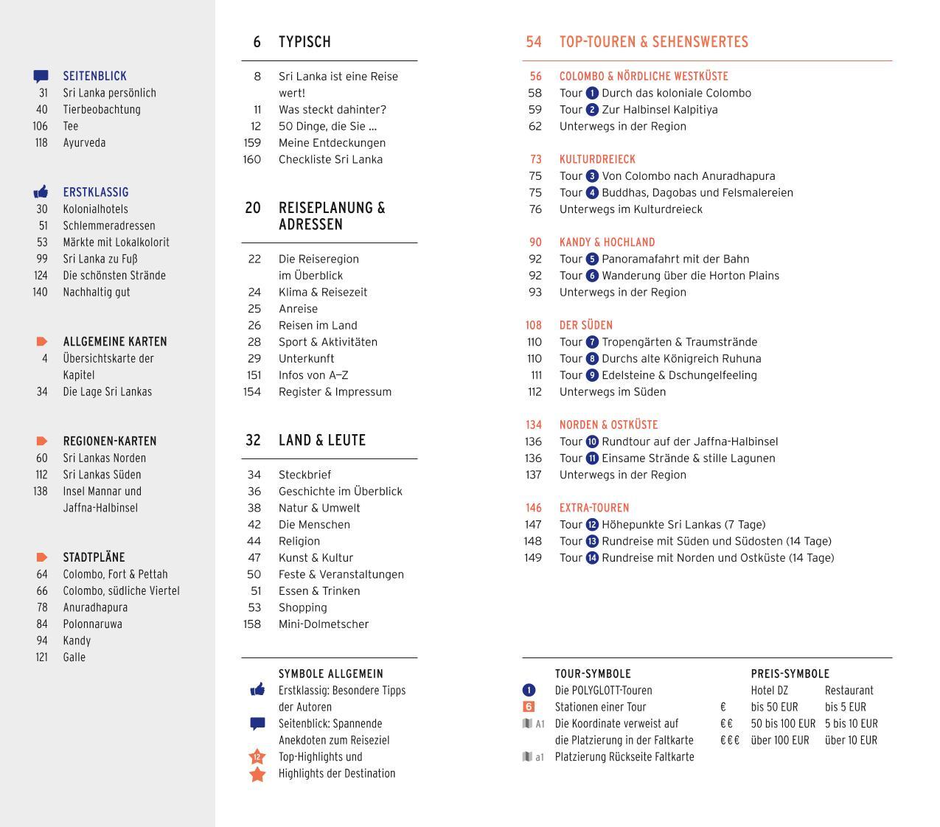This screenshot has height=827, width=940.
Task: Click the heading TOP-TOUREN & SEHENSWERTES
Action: pyautogui.click(x=653, y=42)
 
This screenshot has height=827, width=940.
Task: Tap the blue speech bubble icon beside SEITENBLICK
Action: pyautogui.click(x=41, y=76)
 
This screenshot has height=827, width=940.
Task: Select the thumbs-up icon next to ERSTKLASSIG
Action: pyautogui.click(x=41, y=192)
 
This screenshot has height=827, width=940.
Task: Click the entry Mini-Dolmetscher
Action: pyautogui.click(x=323, y=624)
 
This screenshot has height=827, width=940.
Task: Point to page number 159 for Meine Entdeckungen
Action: pyautogui.click(x=252, y=143)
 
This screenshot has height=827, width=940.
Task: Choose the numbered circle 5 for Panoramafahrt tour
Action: pyautogui.click(x=592, y=259)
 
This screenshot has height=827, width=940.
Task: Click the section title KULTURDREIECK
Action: pyautogui.click(x=597, y=159)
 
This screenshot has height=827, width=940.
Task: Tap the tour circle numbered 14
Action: pyautogui.click(x=592, y=558)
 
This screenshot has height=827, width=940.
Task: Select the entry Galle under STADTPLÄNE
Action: pyautogui.click(x=74, y=657)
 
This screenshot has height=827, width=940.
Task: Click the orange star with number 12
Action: pyautogui.click(x=257, y=757)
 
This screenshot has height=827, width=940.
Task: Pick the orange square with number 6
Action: pyautogui.click(x=529, y=707)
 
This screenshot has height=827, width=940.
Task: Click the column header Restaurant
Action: pyautogui.click(x=849, y=691)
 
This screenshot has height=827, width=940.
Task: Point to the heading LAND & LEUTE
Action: pyautogui.click(x=321, y=440)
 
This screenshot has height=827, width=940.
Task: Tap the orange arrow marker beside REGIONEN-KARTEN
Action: pyautogui.click(x=42, y=442)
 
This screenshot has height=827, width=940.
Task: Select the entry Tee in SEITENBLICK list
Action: pyautogui.click(x=71, y=126)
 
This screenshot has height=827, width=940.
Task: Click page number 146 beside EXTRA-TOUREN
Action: pyautogui.click(x=533, y=508)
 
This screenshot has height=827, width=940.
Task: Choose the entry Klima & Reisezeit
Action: pyautogui.click(x=322, y=293)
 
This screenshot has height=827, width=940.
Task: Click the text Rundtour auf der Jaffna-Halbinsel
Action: pyautogui.click(x=689, y=442)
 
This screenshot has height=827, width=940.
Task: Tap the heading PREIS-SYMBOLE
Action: pyautogui.click(x=790, y=674)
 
